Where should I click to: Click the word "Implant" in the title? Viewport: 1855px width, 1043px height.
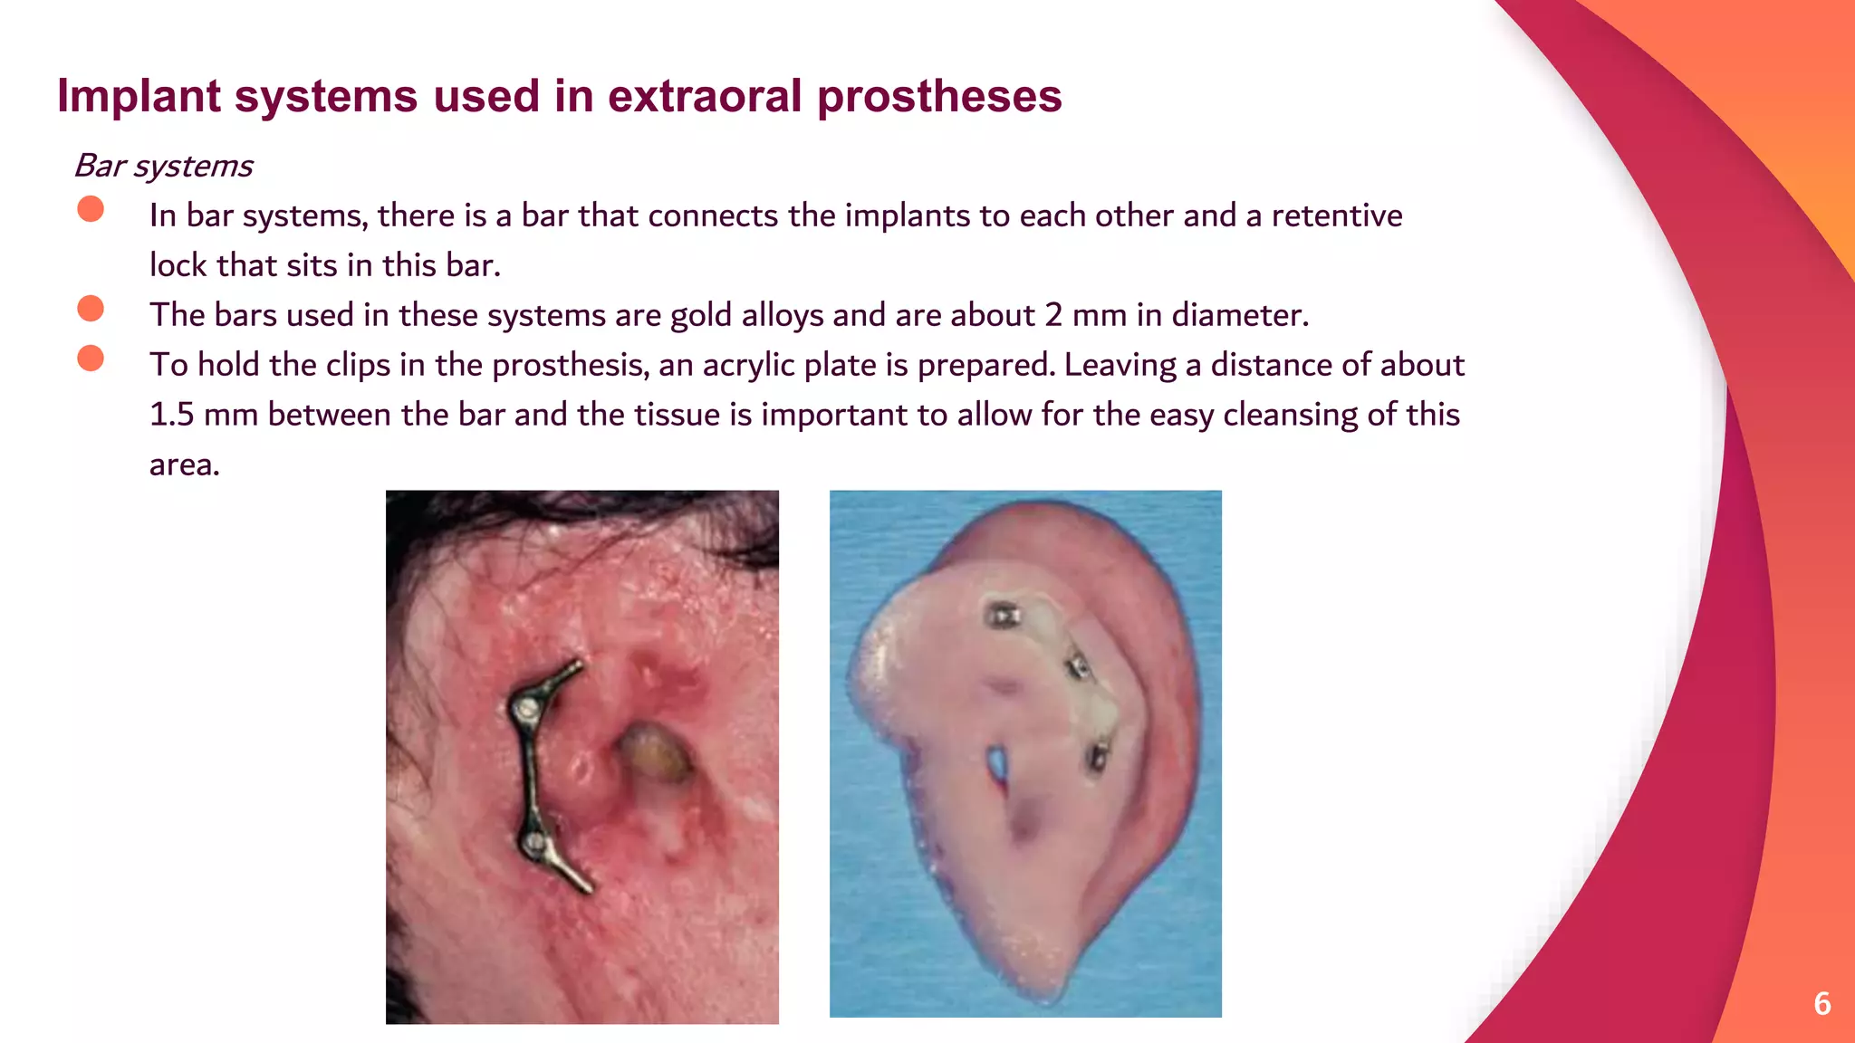(x=139, y=96)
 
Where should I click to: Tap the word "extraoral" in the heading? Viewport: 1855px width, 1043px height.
(x=705, y=96)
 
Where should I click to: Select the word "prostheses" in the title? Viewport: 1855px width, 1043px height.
(x=939, y=96)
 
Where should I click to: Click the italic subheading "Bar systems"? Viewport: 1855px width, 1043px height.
(x=163, y=166)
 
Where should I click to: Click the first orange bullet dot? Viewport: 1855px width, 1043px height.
(x=91, y=209)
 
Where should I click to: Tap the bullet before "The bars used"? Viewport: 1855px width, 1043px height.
(x=91, y=309)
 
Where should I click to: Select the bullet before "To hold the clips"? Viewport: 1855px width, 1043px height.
(x=91, y=359)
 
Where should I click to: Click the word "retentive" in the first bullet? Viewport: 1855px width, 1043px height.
(x=1337, y=215)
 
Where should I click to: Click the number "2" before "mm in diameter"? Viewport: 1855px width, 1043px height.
(x=1053, y=315)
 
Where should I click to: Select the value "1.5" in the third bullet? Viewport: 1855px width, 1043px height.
(x=171, y=415)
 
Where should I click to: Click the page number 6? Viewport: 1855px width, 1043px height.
(x=1822, y=1003)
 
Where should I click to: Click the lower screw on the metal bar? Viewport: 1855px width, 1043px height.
(x=534, y=846)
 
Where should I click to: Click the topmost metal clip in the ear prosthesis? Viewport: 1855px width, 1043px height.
(x=1002, y=616)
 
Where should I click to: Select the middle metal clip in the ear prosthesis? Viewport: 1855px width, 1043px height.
(x=1078, y=667)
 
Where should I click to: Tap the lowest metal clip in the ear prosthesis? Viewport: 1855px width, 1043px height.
(x=1098, y=755)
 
